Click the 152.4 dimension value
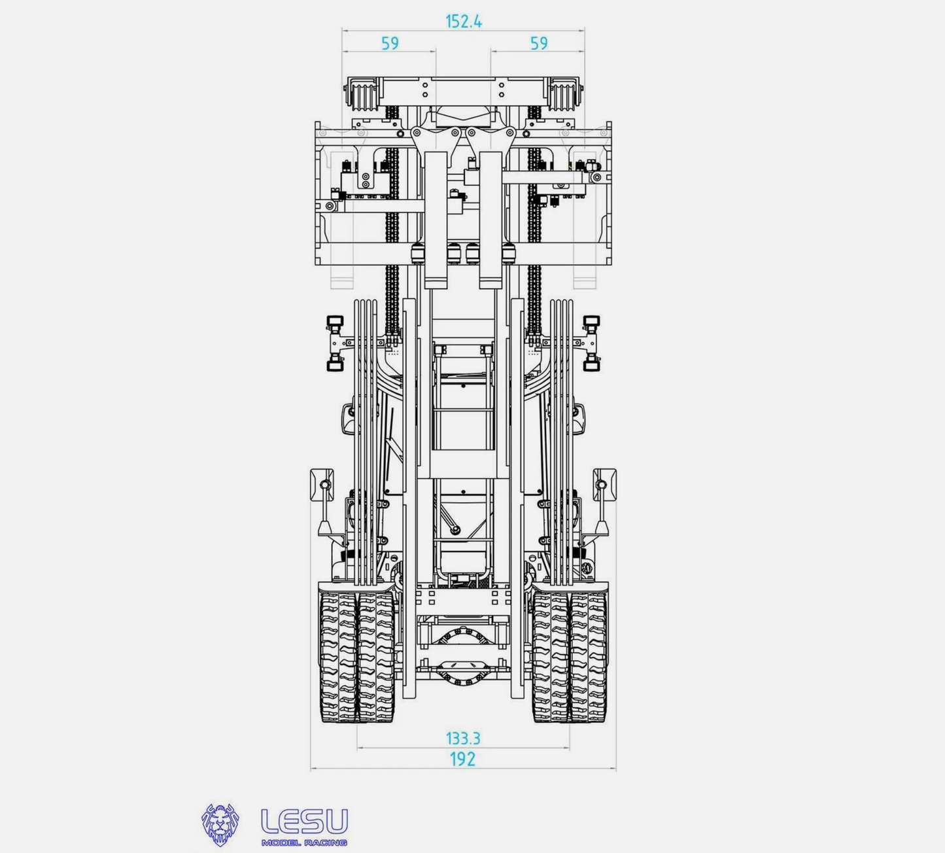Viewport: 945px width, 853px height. [x=464, y=22]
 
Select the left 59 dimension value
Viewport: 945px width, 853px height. [x=390, y=43]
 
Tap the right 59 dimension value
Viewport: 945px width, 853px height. [x=539, y=43]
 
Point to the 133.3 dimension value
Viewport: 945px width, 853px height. [x=463, y=738]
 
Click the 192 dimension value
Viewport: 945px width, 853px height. [x=462, y=759]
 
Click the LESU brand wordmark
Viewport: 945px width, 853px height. [x=305, y=822]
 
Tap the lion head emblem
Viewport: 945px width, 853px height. [x=220, y=825]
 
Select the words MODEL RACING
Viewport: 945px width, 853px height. [x=304, y=843]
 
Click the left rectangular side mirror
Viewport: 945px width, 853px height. [x=322, y=485]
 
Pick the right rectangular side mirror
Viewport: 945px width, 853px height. [x=604, y=485]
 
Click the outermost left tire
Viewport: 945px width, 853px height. [x=337, y=657]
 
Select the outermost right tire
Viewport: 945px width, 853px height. [x=589, y=657]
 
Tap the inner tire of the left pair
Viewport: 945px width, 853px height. [x=375, y=657]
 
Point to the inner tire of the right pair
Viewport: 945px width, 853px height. [x=551, y=657]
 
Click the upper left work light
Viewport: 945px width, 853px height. [x=335, y=322]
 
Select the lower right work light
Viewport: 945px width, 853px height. [x=592, y=365]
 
